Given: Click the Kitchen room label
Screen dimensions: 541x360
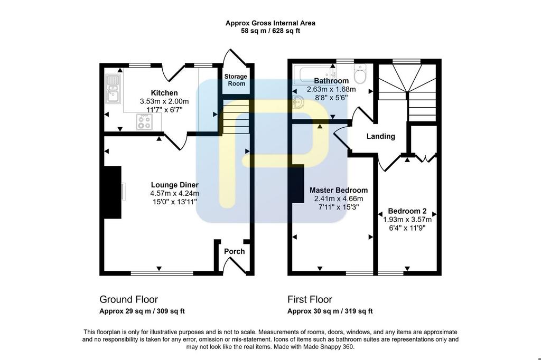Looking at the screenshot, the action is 164,93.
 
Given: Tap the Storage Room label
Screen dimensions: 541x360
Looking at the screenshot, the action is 236,80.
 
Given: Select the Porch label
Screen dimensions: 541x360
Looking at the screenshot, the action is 234,251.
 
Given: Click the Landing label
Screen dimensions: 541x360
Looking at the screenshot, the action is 380,136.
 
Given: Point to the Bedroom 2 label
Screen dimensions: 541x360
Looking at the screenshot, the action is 407,211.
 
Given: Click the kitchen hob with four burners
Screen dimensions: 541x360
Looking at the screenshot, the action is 144,122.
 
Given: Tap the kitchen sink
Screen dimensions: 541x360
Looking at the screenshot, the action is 113,89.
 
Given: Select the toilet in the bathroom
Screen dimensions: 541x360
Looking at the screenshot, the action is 360,73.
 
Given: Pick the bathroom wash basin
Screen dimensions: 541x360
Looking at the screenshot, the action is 298,102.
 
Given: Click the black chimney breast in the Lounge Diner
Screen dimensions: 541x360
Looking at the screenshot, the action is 113,193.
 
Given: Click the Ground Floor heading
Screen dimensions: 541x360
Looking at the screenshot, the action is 129,299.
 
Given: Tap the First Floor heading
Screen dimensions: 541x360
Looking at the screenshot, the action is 310,299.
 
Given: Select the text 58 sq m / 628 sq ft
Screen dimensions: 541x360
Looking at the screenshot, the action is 270,31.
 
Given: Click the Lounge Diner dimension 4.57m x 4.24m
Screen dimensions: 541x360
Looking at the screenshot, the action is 174,193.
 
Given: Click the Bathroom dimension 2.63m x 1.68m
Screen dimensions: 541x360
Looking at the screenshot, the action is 331,89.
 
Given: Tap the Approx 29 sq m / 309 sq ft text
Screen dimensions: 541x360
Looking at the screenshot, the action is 142,311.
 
